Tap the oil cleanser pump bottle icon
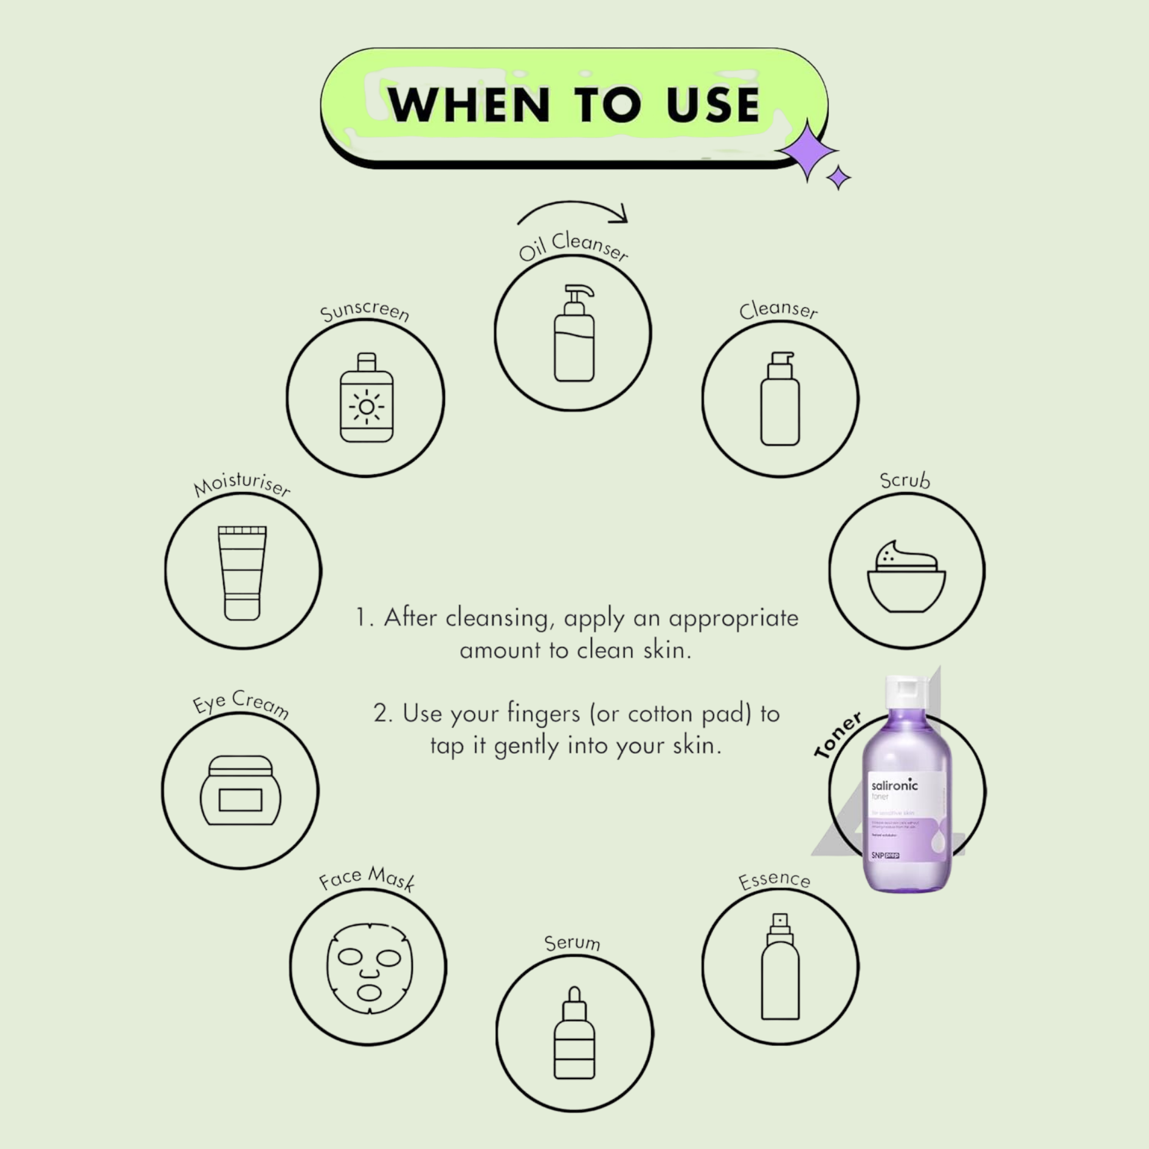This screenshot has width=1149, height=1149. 574,334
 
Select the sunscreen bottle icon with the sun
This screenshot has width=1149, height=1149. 366,398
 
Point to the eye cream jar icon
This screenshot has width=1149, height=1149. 241,790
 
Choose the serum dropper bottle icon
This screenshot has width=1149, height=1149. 574,1033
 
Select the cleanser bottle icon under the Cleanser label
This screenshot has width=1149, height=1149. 780,399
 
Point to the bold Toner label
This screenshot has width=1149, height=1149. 838,735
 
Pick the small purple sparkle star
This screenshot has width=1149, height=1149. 839,178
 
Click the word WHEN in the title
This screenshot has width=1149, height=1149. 469,105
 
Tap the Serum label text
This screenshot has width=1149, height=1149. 572,943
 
